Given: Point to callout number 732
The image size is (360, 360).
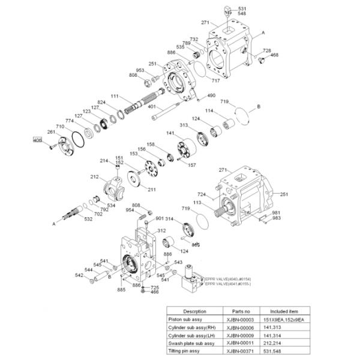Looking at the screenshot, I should click(194, 40).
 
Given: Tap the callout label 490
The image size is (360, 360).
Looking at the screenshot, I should click(211, 95).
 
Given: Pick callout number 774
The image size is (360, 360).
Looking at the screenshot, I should click(69, 121).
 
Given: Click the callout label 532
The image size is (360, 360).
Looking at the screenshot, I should click(88, 219).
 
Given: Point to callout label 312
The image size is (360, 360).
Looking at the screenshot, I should click(161, 230).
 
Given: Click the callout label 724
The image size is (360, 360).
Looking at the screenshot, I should click(202, 194).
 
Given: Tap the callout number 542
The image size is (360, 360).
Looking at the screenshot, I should click(79, 275).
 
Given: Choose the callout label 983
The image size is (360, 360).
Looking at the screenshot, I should click(277, 218).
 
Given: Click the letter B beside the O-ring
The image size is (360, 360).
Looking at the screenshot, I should click(259, 106).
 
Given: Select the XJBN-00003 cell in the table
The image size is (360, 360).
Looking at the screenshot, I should click(235, 320).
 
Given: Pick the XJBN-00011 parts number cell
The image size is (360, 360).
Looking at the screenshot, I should click(235, 343).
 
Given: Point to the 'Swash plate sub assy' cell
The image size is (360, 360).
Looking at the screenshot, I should click(191, 343).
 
